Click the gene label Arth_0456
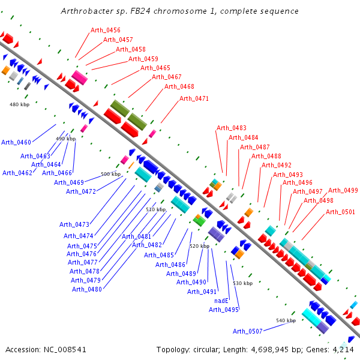pyautogui.click(x=106, y=30)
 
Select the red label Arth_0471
pyautogui.click(x=194, y=98)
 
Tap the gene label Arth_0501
pyautogui.click(x=340, y=212)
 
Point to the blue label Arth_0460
pyautogui.click(x=16, y=142)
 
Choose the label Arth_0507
pyautogui.click(x=248, y=331)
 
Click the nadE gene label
pyautogui.click(x=222, y=301)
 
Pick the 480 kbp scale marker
pyautogui.click(x=20, y=104)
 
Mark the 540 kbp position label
pyautogui.click(x=286, y=321)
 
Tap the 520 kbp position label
pyautogui.click(x=200, y=246)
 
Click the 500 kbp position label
pyautogui.click(x=111, y=174)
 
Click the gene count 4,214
pyautogui.click(x=343, y=349)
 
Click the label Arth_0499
pyautogui.click(x=343, y=191)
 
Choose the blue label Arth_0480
pyautogui.click(x=87, y=289)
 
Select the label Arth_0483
pyautogui.click(x=232, y=128)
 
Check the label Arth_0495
pyautogui.click(x=224, y=310)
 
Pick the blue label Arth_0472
pyautogui.click(x=81, y=191)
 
